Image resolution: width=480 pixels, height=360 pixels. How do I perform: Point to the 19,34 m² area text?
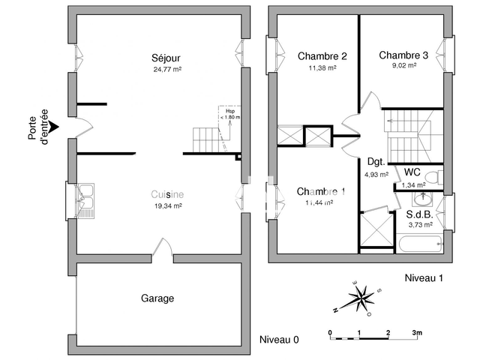pyautogui.click(x=167, y=205)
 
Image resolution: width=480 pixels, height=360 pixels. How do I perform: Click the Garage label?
pyautogui.click(x=157, y=298)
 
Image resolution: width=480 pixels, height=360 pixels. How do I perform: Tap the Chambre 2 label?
pyautogui.click(x=322, y=55)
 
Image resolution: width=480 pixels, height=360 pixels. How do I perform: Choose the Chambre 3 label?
pyautogui.click(x=403, y=55)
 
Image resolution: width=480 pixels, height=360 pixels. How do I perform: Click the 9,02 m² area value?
pyautogui.click(x=403, y=65)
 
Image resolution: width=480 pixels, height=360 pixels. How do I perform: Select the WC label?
pyautogui.click(x=412, y=172)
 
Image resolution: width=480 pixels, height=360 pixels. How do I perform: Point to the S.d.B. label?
pyautogui.click(x=420, y=214)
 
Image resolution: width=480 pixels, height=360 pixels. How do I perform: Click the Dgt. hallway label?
pyautogui.click(x=376, y=161)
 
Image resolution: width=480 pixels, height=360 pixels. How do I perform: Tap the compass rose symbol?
pyautogui.click(x=359, y=297)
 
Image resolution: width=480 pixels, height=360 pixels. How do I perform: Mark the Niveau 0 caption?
pyautogui.click(x=279, y=340)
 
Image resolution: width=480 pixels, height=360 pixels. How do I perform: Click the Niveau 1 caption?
pyautogui.click(x=424, y=278)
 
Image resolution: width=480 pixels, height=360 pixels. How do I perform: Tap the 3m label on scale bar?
pyautogui.click(x=417, y=331)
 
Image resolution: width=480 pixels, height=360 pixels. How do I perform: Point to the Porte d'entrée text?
pyautogui.click(x=38, y=126)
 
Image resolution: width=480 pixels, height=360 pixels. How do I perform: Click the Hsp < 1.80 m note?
pyautogui.click(x=229, y=114)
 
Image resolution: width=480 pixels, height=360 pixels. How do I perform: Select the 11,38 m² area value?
pyautogui.click(x=322, y=67)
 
